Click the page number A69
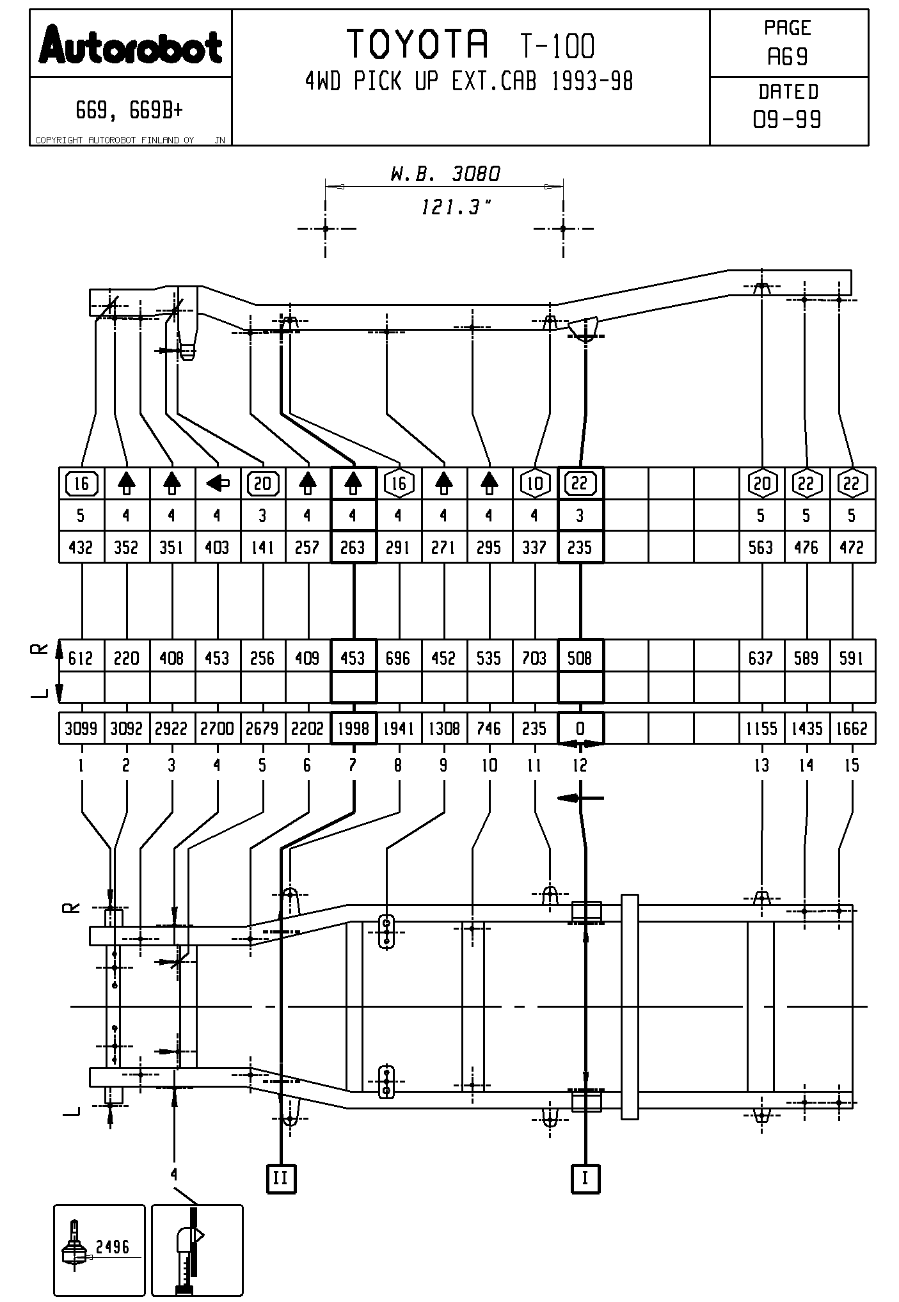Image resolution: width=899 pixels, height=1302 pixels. [788, 58]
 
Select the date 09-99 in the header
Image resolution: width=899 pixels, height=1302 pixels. [788, 120]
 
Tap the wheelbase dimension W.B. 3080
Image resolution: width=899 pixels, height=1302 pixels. [445, 173]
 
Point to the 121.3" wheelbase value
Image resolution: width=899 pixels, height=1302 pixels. [456, 207]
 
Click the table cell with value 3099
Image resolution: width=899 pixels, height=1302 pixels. [81, 729]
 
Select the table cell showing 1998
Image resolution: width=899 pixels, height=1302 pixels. [353, 729]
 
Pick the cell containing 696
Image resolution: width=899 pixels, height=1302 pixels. [399, 658]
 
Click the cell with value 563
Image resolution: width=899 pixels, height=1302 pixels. [761, 548]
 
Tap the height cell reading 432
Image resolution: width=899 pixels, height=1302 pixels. [81, 548]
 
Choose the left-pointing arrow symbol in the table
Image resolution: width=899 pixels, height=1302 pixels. [218, 484]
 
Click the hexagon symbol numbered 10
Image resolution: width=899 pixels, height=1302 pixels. [535, 484]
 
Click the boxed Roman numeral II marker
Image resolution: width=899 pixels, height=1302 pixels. [281, 1178]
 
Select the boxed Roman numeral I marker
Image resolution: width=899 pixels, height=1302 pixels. [585, 1178]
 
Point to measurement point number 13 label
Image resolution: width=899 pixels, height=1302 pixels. [761, 765]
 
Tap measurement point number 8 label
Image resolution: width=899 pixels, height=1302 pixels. [399, 765]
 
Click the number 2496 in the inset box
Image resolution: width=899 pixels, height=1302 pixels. [113, 1246]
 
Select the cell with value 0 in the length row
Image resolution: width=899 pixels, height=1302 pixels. [580, 729]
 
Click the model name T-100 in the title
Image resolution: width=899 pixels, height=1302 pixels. [557, 46]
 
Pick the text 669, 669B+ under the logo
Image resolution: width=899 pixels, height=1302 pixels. [129, 111]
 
